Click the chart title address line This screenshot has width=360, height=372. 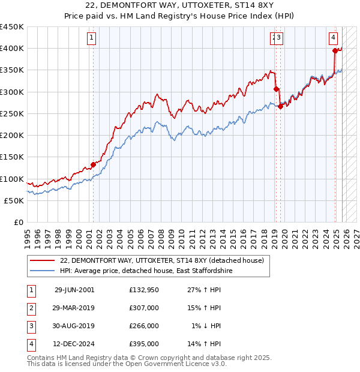pos(180,5)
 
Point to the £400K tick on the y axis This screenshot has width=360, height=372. pos(12,49)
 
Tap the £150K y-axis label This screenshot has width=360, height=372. pos(12,157)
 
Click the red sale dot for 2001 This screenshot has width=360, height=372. pos(93,164)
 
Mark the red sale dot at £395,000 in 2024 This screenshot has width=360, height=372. pos(335,51)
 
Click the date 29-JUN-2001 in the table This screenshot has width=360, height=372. pos(74,290)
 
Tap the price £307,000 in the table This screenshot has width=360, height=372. pos(144,308)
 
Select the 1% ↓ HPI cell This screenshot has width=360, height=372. pos(206,326)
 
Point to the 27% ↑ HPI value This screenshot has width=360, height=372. pos(206,290)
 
